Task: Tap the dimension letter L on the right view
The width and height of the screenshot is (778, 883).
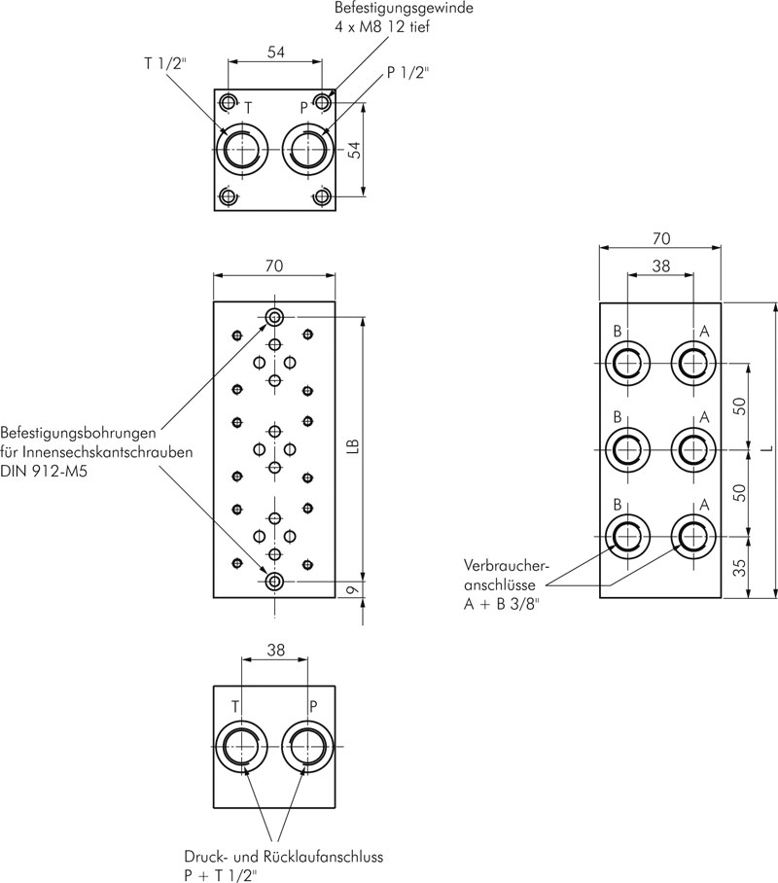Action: pyautogui.click(x=765, y=449)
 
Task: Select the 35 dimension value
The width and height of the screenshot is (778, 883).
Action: pyautogui.click(x=741, y=567)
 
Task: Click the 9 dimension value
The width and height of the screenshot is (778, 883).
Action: pyautogui.click(x=353, y=589)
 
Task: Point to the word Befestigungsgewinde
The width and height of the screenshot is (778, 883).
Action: pyautogui.click(x=404, y=9)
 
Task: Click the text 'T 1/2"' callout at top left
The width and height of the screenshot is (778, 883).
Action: pyautogui.click(x=164, y=63)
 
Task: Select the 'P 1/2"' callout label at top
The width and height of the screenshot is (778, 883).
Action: pyautogui.click(x=407, y=73)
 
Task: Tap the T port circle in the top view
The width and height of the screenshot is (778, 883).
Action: pyautogui.click(x=243, y=150)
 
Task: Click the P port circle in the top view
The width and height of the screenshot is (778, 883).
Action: pyautogui.click(x=307, y=150)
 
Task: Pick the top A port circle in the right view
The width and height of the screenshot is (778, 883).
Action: pyautogui.click(x=694, y=364)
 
